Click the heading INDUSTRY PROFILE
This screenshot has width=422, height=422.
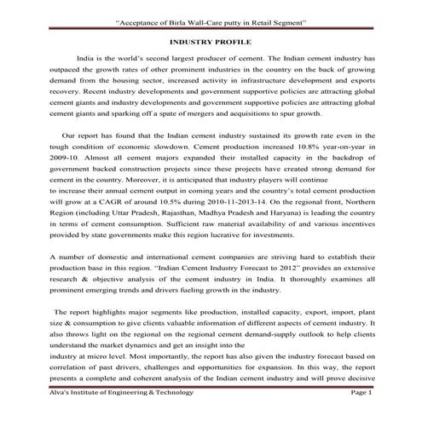click(211, 40)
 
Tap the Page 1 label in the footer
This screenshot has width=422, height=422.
click(361, 392)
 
